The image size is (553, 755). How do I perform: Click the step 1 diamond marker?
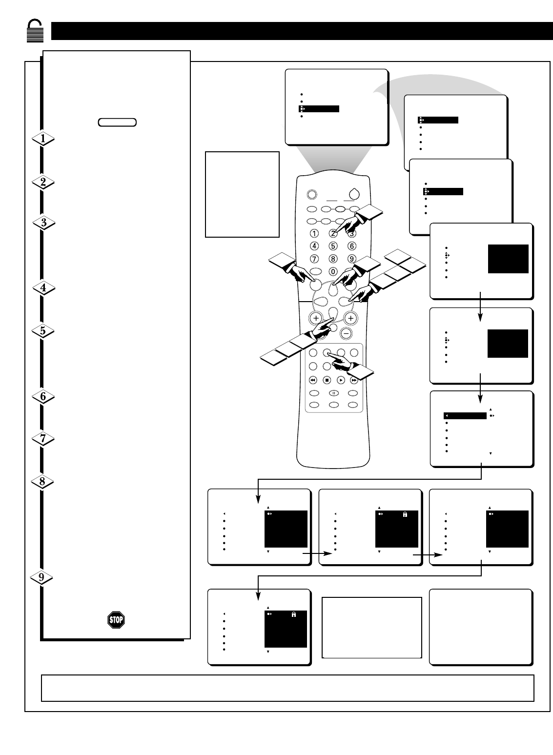click(43, 139)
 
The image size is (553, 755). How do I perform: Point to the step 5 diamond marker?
click(43, 331)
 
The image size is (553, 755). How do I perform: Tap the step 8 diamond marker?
click(43, 482)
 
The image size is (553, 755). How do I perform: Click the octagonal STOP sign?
click(116, 620)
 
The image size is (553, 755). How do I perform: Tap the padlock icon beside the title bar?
click(35, 31)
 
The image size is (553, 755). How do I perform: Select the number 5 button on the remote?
click(333, 246)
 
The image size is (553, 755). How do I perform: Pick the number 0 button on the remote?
click(333, 271)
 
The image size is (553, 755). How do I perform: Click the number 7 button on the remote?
click(315, 259)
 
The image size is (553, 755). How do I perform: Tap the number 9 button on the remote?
click(351, 259)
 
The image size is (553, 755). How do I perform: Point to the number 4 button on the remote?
click(315, 246)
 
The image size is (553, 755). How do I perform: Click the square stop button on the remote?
click(327, 380)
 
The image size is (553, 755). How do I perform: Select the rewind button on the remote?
click(313, 380)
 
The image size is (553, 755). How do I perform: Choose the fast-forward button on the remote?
click(354, 380)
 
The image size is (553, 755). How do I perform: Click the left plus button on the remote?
click(316, 318)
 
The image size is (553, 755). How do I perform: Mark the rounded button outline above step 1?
click(117, 122)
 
